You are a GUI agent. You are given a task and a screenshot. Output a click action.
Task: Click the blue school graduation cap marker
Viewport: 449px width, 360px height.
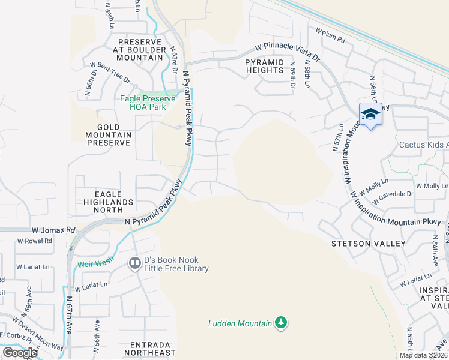tap(370, 115)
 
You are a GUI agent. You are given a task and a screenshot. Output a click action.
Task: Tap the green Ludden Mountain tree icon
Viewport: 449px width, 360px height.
tap(280, 323)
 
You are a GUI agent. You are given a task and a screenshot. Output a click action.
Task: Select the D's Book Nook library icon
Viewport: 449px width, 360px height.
tap(135, 263)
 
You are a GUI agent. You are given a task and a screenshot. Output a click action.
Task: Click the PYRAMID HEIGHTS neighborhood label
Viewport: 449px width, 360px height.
tap(264, 66)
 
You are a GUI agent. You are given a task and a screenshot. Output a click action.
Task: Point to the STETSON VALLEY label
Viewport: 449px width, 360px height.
tap(369, 244)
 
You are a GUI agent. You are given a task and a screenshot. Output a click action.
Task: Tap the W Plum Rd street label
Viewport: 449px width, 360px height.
tap(330, 37)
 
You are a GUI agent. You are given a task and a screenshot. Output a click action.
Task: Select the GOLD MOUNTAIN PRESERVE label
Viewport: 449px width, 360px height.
tap(109, 136)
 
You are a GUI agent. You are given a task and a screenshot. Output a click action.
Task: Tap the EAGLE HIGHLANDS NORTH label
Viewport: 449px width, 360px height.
tap(108, 199)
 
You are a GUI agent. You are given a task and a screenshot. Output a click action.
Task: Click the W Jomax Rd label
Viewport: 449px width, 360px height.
tap(53, 230)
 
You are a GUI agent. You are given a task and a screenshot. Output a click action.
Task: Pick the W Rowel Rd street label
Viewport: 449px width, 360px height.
tap(34, 241)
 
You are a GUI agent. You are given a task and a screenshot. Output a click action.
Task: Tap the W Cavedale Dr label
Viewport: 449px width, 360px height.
tap(394, 194)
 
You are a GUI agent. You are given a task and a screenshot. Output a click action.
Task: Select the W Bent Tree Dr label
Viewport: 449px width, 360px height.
tap(110, 70)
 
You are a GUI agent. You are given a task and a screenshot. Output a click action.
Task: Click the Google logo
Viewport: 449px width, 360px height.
tap(20, 352)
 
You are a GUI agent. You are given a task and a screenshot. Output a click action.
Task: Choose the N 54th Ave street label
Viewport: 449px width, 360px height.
tap(436, 251)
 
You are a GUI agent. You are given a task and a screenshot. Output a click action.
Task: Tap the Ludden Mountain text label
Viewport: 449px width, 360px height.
tap(240, 323)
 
